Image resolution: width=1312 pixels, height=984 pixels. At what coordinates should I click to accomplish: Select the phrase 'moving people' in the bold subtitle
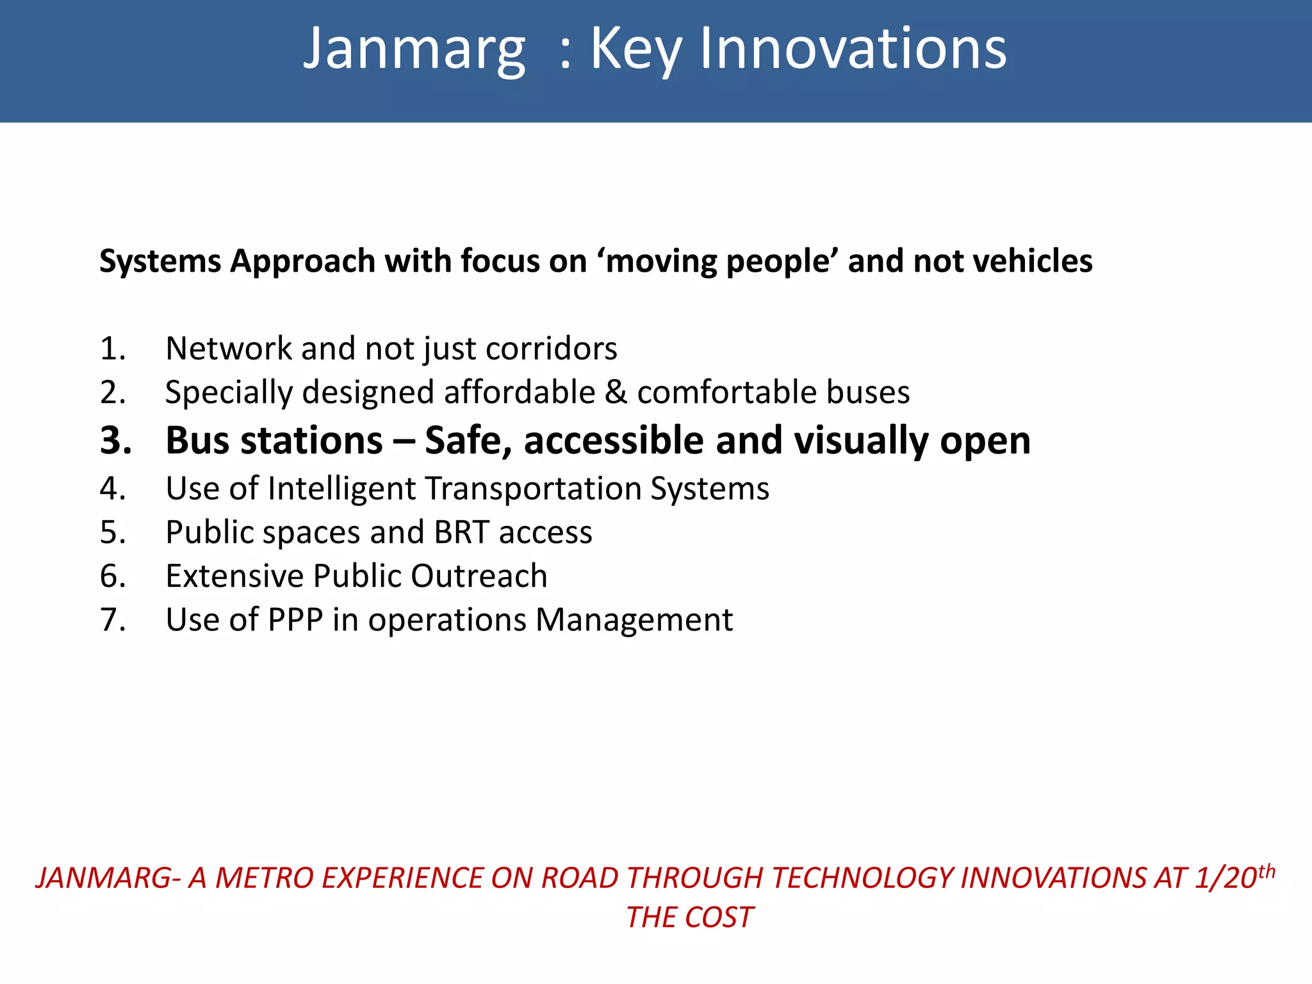(x=718, y=261)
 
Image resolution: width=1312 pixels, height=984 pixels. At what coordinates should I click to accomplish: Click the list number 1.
(x=113, y=349)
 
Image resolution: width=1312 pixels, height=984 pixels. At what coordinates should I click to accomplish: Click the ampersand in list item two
(x=616, y=392)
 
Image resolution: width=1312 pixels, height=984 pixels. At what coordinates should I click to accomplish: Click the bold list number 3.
(x=116, y=441)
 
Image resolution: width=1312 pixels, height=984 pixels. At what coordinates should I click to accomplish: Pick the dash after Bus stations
(x=404, y=442)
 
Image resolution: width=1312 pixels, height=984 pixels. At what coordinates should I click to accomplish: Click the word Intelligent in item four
(x=341, y=489)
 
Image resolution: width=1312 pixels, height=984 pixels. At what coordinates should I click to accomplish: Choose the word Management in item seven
(x=634, y=620)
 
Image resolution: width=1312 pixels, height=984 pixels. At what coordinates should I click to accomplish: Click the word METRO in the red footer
(x=265, y=878)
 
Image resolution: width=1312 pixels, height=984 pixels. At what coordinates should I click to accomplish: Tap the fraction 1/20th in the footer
(x=1234, y=877)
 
